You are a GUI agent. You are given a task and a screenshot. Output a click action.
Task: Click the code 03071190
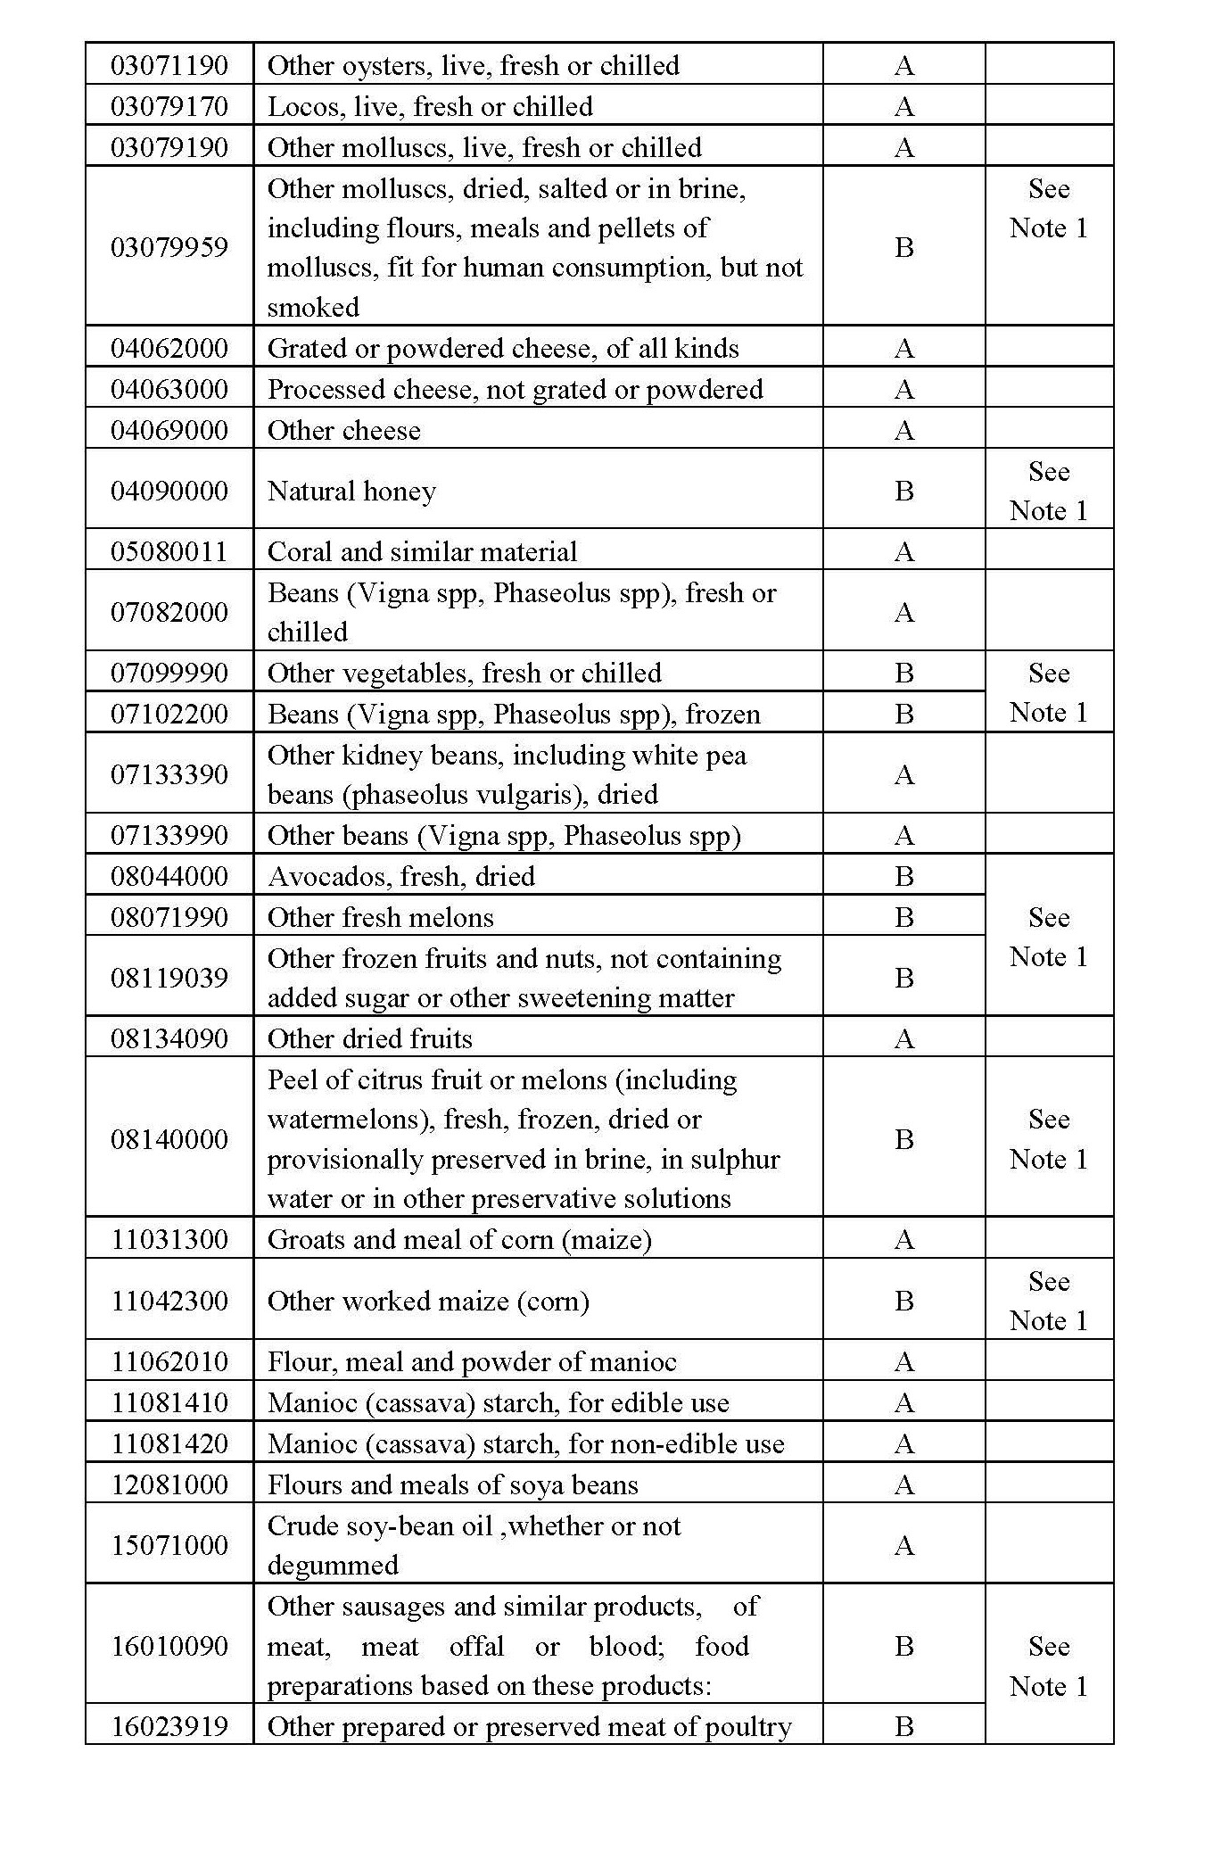pyautogui.click(x=169, y=65)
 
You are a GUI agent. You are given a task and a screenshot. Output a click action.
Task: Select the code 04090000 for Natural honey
pyautogui.click(x=169, y=491)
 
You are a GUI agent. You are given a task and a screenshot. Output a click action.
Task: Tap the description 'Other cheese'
pyautogui.click(x=343, y=430)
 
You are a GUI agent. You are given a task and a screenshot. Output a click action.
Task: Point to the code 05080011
pyautogui.click(x=169, y=551)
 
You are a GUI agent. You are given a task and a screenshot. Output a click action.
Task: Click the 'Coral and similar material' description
pyautogui.click(x=422, y=551)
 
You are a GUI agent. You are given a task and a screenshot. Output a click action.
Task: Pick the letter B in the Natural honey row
pyautogui.click(x=903, y=491)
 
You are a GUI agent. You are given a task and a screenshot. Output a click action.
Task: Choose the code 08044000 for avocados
pyautogui.click(x=169, y=876)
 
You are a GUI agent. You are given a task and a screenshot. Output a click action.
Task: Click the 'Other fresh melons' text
pyautogui.click(x=380, y=917)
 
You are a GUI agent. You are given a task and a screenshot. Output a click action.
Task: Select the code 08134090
pyautogui.click(x=169, y=1038)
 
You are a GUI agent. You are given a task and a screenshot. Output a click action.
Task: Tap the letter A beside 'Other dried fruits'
pyautogui.click(x=903, y=1038)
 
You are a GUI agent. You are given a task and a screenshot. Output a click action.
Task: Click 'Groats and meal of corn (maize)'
pyautogui.click(x=459, y=1239)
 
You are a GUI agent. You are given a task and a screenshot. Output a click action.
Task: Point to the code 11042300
pyautogui.click(x=169, y=1301)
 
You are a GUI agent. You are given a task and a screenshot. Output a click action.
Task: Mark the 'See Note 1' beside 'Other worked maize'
pyautogui.click(x=1048, y=1301)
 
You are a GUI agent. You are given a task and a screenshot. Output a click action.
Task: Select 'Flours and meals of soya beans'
pyautogui.click(x=452, y=1484)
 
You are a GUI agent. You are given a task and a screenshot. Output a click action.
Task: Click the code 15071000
pyautogui.click(x=169, y=1545)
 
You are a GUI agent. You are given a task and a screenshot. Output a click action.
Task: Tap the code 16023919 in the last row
pyautogui.click(x=169, y=1726)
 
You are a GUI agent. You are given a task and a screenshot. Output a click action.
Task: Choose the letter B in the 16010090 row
pyautogui.click(x=903, y=1646)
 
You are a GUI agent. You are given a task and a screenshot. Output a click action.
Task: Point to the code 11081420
pyautogui.click(x=169, y=1443)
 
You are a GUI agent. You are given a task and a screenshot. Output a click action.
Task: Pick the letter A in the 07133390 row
pyautogui.click(x=903, y=774)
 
